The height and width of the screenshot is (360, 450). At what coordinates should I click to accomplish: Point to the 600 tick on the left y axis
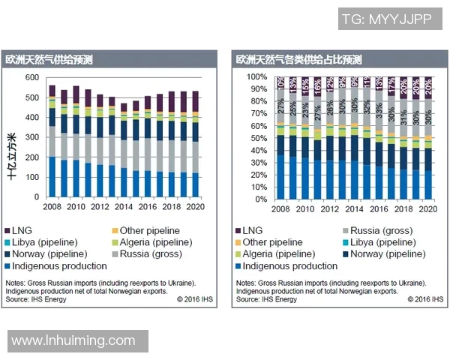(x=31, y=78)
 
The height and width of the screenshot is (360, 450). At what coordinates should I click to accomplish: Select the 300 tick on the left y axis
(x=31, y=137)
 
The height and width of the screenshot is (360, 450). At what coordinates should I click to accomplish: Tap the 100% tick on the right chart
(x=255, y=77)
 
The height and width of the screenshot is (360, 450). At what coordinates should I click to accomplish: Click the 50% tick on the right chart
(x=258, y=139)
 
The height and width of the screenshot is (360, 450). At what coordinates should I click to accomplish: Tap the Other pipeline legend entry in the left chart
(x=143, y=230)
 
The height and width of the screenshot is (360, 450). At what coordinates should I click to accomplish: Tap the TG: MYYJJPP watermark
(x=386, y=19)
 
